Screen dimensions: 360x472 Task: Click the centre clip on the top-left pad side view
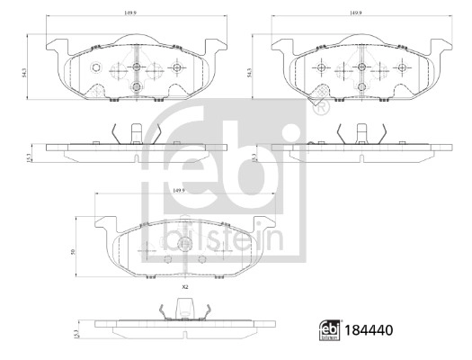pyautogui.click(x=133, y=133)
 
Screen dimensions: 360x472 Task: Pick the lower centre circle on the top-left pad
pyautogui.click(x=135, y=87)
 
